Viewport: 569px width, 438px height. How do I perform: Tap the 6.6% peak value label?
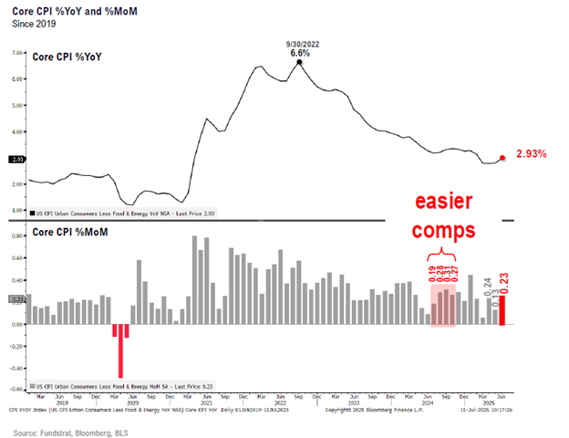[299, 54]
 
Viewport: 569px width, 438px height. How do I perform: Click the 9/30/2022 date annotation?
[299, 42]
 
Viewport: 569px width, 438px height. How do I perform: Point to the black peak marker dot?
[299, 63]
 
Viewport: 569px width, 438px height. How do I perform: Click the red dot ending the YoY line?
[502, 158]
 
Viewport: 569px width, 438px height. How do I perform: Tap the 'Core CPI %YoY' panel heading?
[69, 56]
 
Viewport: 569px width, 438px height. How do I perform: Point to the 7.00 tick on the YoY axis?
[16, 53]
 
